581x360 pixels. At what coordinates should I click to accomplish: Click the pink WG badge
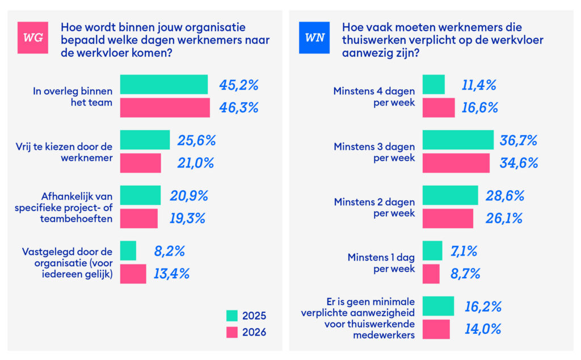[32, 37]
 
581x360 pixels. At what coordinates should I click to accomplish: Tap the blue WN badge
[314, 37]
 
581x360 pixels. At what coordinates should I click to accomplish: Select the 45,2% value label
[239, 85]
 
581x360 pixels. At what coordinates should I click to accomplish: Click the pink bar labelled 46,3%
[165, 107]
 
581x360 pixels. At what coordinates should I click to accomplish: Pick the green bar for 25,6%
[145, 140]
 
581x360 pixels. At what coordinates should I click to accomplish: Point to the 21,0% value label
[196, 163]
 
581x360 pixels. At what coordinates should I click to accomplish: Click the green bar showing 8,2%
[128, 250]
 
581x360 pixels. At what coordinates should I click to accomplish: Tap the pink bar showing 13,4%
[133, 274]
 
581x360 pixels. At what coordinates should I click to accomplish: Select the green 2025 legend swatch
[232, 316]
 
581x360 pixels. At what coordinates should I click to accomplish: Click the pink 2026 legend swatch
[232, 332]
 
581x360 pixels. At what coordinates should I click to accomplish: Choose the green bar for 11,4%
[433, 85]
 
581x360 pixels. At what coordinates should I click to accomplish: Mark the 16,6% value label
[479, 107]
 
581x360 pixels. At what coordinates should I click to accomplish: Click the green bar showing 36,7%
[458, 140]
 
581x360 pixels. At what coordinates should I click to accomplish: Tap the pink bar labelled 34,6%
[456, 163]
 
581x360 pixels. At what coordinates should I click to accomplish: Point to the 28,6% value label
[505, 196]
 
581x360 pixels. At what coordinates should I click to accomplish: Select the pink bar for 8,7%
[431, 274]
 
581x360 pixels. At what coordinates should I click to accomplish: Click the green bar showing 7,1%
[432, 250]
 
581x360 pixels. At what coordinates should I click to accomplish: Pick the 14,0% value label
[483, 329]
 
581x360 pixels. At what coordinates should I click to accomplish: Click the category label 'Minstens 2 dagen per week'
[374, 208]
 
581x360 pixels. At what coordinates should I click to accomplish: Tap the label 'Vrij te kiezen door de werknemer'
[64, 152]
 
